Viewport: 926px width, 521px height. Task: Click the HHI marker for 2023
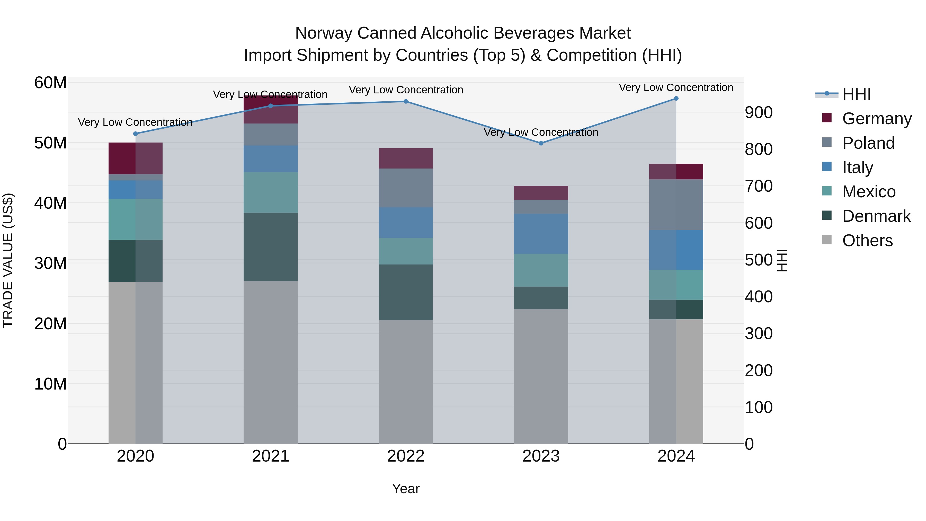(541, 143)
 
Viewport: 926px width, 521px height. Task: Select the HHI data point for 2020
(136, 134)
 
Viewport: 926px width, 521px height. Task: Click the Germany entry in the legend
(876, 119)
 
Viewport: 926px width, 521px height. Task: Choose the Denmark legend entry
(876, 216)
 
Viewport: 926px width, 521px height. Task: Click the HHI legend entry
(856, 94)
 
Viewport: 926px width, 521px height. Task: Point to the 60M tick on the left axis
(50, 83)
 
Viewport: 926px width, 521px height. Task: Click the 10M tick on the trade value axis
(50, 384)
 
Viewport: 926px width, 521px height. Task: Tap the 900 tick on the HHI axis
(759, 112)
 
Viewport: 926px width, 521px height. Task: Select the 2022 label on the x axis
(406, 456)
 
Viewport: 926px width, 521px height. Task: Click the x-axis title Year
(406, 489)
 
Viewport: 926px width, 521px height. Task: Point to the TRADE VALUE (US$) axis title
(8, 260)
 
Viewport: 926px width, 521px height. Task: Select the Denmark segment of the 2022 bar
(406, 292)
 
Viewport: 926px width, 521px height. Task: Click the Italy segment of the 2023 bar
(541, 234)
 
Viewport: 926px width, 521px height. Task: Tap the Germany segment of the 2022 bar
(406, 158)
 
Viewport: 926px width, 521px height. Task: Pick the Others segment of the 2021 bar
(271, 362)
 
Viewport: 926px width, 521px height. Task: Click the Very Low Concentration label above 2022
(406, 90)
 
